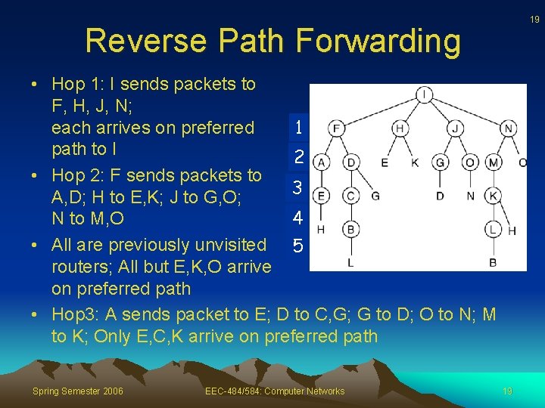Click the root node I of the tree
pos(424,94)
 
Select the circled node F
pos(337,128)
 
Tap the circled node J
pos(455,128)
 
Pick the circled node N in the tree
pos(509,128)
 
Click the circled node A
pos(322,162)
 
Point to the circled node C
pos(350,196)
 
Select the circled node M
pos(494,162)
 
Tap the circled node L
pos(494,228)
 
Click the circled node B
pos(350,228)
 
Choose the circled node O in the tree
pos(470,162)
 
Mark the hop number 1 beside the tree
pos(299,128)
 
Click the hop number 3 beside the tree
pos(298,187)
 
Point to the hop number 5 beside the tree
pos(298,246)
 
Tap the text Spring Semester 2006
pos(78,391)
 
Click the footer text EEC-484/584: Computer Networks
pos(275,391)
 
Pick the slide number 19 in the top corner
pos(534,20)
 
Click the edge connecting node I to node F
pos(380,111)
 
